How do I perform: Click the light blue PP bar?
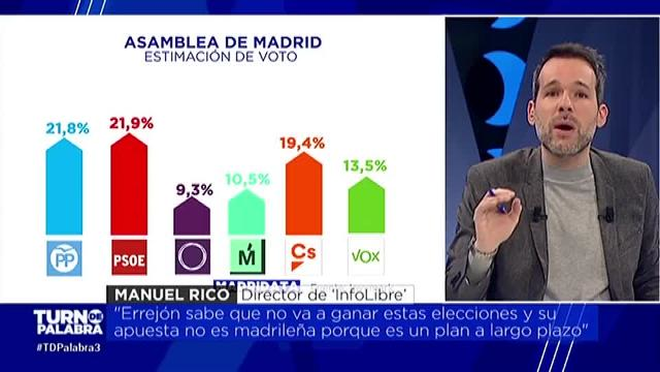(x=64, y=188)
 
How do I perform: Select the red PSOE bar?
(x=129, y=186)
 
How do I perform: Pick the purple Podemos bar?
(x=192, y=218)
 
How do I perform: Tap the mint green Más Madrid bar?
(x=246, y=214)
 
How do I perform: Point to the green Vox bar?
(x=366, y=206)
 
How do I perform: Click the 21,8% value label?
(x=67, y=129)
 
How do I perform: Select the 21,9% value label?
(x=131, y=123)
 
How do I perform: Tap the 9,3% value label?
(x=195, y=190)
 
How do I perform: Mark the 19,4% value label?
(x=302, y=143)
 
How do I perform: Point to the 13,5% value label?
(x=364, y=166)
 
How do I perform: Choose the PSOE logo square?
(x=129, y=257)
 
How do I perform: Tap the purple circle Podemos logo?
(x=192, y=257)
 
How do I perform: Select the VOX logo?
(x=366, y=257)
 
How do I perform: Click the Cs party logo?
(x=303, y=256)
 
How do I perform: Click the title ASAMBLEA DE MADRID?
(x=223, y=42)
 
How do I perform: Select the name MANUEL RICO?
(x=172, y=295)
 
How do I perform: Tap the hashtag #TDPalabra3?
(x=68, y=348)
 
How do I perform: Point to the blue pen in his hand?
(x=498, y=201)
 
